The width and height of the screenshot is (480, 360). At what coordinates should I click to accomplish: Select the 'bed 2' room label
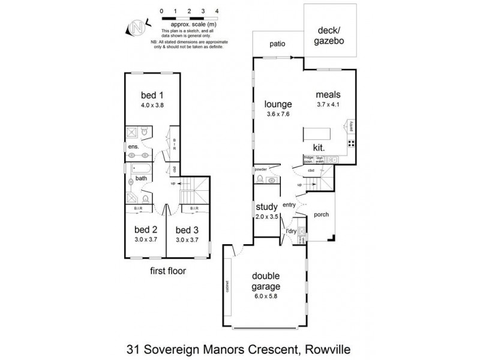pyautogui.click(x=146, y=229)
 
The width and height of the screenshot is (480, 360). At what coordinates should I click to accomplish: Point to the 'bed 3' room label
pyautogui.click(x=187, y=229)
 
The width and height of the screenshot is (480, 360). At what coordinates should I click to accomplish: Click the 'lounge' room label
pyautogui.click(x=278, y=104)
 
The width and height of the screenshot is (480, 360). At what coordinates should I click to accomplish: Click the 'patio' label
pyautogui.click(x=277, y=44)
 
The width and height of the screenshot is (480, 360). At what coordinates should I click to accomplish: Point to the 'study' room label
pyautogui.click(x=266, y=207)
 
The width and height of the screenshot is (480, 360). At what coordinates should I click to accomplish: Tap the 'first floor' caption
pyautogui.click(x=168, y=271)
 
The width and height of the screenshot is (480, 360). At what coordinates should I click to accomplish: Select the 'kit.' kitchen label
pyautogui.click(x=319, y=147)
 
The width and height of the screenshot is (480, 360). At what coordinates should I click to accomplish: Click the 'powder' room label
pyautogui.click(x=260, y=170)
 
